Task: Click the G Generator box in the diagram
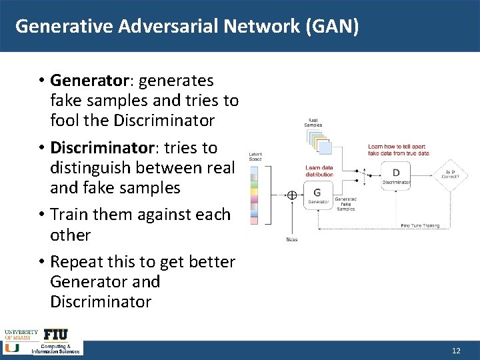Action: coord(317,195)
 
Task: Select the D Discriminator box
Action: coord(396,175)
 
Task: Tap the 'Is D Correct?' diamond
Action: coord(451,173)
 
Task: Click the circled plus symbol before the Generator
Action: coord(291,195)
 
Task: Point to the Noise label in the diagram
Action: coord(292,239)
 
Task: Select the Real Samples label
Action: coord(313,123)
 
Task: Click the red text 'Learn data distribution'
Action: coord(319,171)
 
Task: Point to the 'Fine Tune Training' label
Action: coord(420,225)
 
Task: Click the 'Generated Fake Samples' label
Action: coord(345,204)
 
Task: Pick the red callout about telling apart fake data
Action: coord(398,150)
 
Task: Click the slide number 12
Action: coord(456,351)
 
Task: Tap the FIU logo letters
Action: coord(56,334)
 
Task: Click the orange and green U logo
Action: coord(11,347)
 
